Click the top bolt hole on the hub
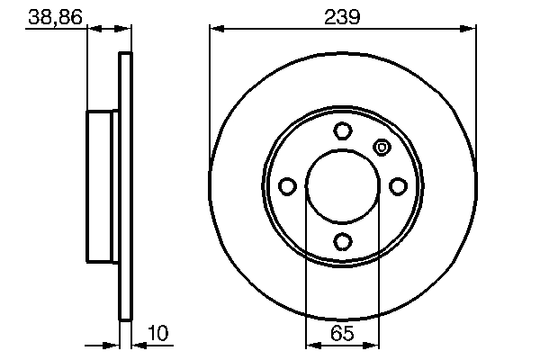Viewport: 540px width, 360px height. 342,130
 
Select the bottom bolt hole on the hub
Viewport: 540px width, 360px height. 342,241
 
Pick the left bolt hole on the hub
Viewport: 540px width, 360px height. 287,186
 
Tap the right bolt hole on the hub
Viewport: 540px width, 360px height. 398,186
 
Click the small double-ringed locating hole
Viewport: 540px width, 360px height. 381,147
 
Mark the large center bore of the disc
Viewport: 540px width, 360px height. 342,186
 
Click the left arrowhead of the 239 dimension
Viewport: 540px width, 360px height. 216,30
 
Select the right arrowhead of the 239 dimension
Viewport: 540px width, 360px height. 469,30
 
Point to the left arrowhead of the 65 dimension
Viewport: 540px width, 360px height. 312,345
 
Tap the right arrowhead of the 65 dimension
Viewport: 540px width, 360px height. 373,345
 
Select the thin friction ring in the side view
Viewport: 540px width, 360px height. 126,186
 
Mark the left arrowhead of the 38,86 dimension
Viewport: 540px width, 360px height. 93,30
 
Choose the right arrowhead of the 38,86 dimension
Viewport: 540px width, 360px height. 126,30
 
